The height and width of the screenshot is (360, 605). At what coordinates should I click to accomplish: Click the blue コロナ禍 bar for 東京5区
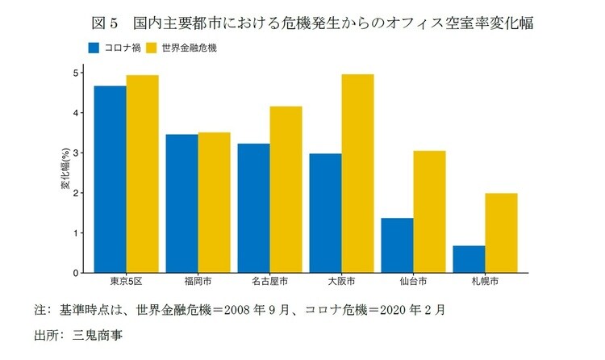click(x=110, y=179)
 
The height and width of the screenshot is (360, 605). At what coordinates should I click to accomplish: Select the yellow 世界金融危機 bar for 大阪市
click(x=357, y=174)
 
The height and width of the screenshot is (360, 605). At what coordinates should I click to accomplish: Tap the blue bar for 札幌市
click(x=469, y=259)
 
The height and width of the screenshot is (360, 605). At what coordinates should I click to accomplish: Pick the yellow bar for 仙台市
click(x=429, y=211)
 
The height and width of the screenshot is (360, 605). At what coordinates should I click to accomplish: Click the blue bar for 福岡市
click(x=181, y=203)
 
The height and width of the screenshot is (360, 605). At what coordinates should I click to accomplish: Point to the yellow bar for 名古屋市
click(x=286, y=190)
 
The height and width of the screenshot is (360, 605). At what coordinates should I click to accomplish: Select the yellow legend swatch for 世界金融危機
click(x=151, y=48)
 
